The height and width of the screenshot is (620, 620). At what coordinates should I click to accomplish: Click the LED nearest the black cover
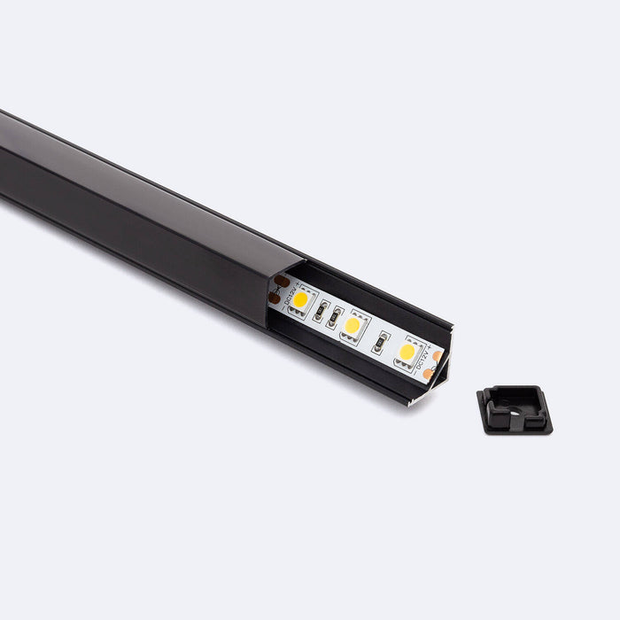[301, 299]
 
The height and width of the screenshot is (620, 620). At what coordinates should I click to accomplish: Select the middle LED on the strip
[353, 325]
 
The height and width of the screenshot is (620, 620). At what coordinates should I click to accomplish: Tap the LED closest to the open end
[407, 352]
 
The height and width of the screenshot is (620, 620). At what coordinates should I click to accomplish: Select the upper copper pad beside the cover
[283, 282]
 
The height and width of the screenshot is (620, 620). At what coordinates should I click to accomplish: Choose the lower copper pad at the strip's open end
[429, 374]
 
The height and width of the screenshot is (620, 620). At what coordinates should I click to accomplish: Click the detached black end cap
[515, 409]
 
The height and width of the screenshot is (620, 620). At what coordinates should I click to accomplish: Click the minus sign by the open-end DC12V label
[417, 372]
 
